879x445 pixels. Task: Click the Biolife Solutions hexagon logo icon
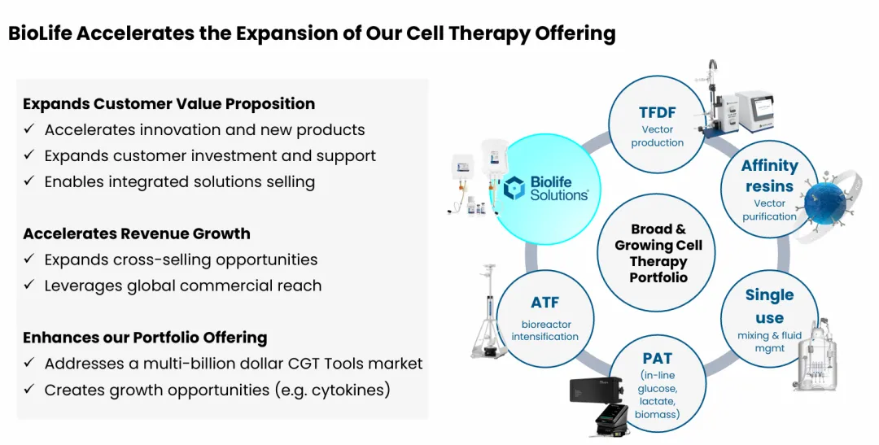tap(514, 188)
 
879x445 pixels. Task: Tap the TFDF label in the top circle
tap(657, 112)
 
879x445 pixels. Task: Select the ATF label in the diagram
tap(544, 303)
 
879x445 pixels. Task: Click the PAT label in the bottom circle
tap(657, 358)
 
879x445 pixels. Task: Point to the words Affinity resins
tap(770, 176)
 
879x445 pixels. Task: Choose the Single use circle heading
tap(769, 306)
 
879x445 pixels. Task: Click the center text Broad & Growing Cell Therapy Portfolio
tap(658, 253)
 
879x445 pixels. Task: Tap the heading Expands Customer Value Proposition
tap(168, 103)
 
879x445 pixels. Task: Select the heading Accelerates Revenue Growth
tap(137, 233)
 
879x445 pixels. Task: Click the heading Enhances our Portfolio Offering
tap(145, 338)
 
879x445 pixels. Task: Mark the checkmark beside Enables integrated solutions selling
tap(29, 181)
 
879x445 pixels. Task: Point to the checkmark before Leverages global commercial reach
tap(29, 285)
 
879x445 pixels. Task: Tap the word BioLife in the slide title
tap(40, 33)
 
